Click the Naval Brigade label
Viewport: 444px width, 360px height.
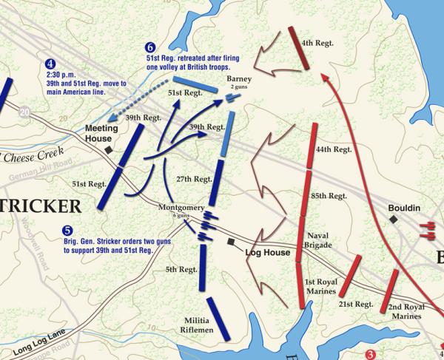(320, 240)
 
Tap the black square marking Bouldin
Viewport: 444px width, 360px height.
(394, 220)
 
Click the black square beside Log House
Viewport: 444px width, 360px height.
(232, 242)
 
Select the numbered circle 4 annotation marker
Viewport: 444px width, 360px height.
(50, 64)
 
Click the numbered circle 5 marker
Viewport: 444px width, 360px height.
(67, 231)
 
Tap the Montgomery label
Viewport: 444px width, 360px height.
(181, 208)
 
